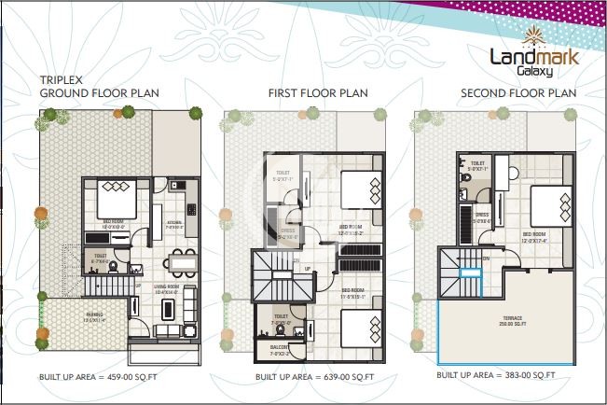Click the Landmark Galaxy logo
pyautogui.click(x=533, y=58)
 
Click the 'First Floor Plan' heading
pyautogui.click(x=317, y=93)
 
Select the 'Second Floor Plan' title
pyautogui.click(x=518, y=93)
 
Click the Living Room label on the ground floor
pyautogui.click(x=168, y=291)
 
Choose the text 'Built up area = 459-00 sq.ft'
pyautogui.click(x=95, y=377)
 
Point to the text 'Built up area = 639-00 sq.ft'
pyautogui.click(x=316, y=377)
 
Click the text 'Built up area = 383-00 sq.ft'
pyautogui.click(x=496, y=375)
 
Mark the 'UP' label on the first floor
pyautogui.click(x=309, y=268)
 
